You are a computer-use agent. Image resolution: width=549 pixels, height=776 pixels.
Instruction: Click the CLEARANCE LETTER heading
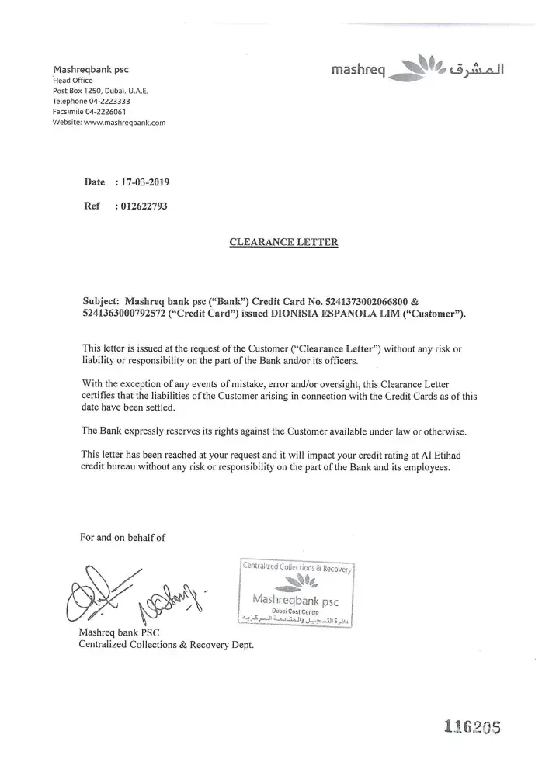click(284, 242)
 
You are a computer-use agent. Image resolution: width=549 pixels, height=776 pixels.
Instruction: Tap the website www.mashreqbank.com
click(123, 123)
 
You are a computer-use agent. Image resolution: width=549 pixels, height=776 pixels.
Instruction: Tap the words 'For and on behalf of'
click(123, 537)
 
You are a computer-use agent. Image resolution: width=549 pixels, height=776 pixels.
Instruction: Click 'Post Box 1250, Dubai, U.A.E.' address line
click(100, 91)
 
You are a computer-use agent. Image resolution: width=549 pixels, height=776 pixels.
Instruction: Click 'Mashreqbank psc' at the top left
click(90, 68)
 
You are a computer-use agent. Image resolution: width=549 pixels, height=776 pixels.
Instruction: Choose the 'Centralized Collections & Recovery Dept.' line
click(166, 645)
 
